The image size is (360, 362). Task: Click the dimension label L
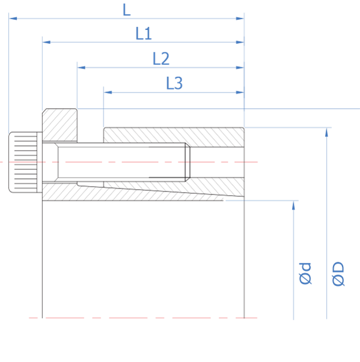point(127,10)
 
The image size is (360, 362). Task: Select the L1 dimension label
point(144,34)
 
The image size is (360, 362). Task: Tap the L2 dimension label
point(161,59)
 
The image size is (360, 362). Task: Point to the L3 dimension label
point(174,83)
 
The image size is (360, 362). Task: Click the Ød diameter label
point(305,273)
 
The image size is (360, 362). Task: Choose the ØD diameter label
point(338,274)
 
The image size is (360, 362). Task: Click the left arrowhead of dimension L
point(13,19)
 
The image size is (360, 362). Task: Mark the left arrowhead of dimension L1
point(46,42)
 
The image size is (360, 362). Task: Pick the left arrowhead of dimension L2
point(81,67)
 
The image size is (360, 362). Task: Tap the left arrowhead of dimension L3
point(108,92)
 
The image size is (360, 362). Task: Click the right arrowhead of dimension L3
point(240,92)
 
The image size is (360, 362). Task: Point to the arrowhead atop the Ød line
point(293,205)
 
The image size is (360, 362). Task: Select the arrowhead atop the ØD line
point(326,132)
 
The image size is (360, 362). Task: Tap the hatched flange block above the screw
point(59,125)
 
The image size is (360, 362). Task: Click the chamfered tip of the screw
point(188,162)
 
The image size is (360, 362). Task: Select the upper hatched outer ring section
point(174,137)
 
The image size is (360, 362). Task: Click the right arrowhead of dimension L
point(240,19)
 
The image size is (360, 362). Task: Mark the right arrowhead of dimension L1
point(240,42)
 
